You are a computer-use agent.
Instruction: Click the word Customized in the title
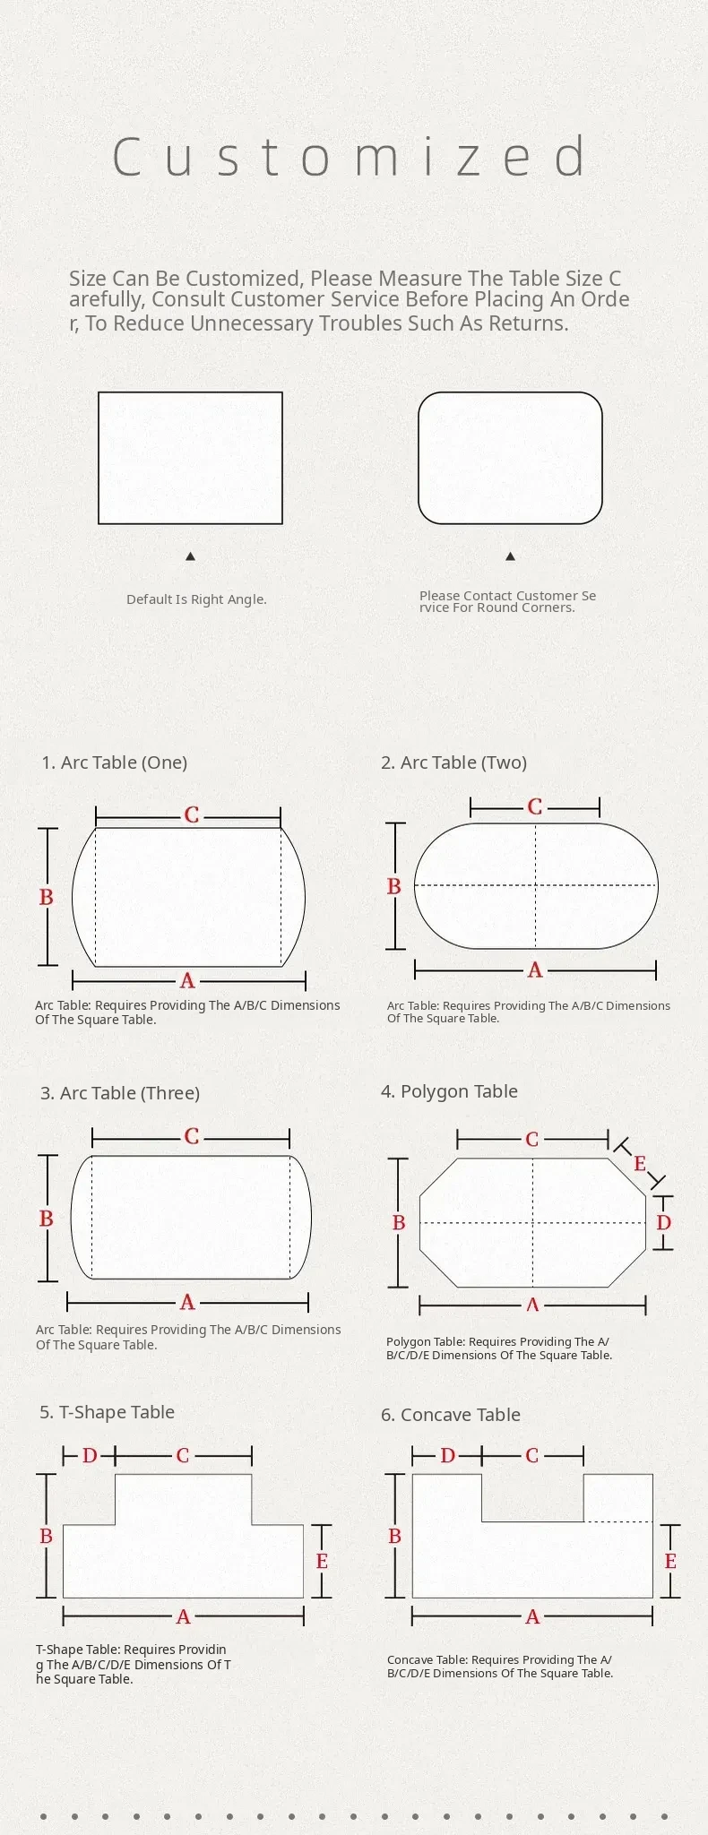point(350,157)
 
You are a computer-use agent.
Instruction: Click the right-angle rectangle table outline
point(190,392)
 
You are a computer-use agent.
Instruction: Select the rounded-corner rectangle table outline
point(510,392)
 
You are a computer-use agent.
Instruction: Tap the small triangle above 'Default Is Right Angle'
point(190,556)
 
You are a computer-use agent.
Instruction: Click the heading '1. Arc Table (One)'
point(115,762)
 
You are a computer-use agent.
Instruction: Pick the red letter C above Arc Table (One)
point(191,815)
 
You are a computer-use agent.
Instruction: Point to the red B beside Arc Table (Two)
point(393,886)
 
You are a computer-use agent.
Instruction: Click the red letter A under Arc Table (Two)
point(535,969)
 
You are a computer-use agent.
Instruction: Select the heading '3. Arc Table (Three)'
point(120,1093)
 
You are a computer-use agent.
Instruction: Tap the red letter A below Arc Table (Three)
point(186,1302)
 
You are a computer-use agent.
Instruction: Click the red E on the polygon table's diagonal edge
point(640,1163)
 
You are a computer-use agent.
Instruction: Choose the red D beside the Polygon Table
point(663,1222)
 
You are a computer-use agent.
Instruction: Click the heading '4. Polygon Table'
point(449,1091)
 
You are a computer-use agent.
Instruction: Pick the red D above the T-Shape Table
point(90,1456)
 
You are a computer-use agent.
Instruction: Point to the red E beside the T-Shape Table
point(322,1561)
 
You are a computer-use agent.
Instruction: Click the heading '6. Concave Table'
point(451,1415)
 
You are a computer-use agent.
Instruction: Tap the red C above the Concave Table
point(532,1456)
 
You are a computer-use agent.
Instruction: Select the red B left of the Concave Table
point(394,1536)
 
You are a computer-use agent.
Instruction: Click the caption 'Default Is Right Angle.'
point(196,599)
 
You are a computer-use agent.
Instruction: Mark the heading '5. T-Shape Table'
point(108,1412)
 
